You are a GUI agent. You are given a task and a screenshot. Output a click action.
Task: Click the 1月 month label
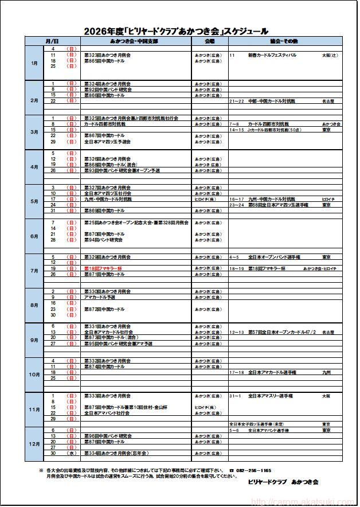34,63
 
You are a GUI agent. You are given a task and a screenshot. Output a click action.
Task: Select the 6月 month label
34,236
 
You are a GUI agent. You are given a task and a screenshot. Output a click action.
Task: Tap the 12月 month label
34,444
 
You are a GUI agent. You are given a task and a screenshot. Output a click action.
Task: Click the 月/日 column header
52,42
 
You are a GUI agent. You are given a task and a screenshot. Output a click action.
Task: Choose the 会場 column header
210,42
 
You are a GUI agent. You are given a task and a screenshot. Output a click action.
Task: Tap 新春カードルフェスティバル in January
272,55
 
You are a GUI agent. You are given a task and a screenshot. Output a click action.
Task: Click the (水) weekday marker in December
72,453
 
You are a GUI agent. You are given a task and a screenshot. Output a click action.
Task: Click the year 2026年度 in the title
102,32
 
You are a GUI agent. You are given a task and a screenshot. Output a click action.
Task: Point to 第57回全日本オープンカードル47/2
282,332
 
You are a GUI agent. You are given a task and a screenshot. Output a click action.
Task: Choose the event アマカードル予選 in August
100,297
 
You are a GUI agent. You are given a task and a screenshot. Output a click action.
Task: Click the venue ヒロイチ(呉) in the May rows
205,199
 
